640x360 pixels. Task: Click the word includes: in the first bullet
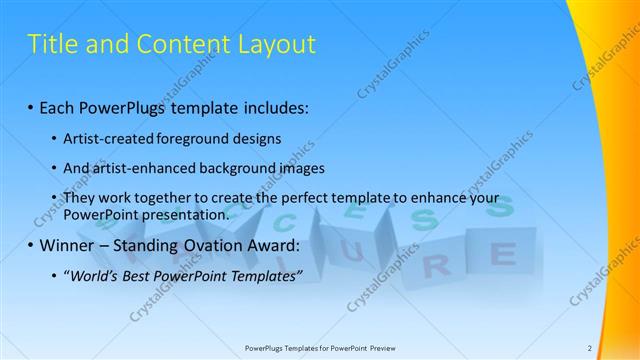click(276, 105)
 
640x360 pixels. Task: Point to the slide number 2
click(590, 347)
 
